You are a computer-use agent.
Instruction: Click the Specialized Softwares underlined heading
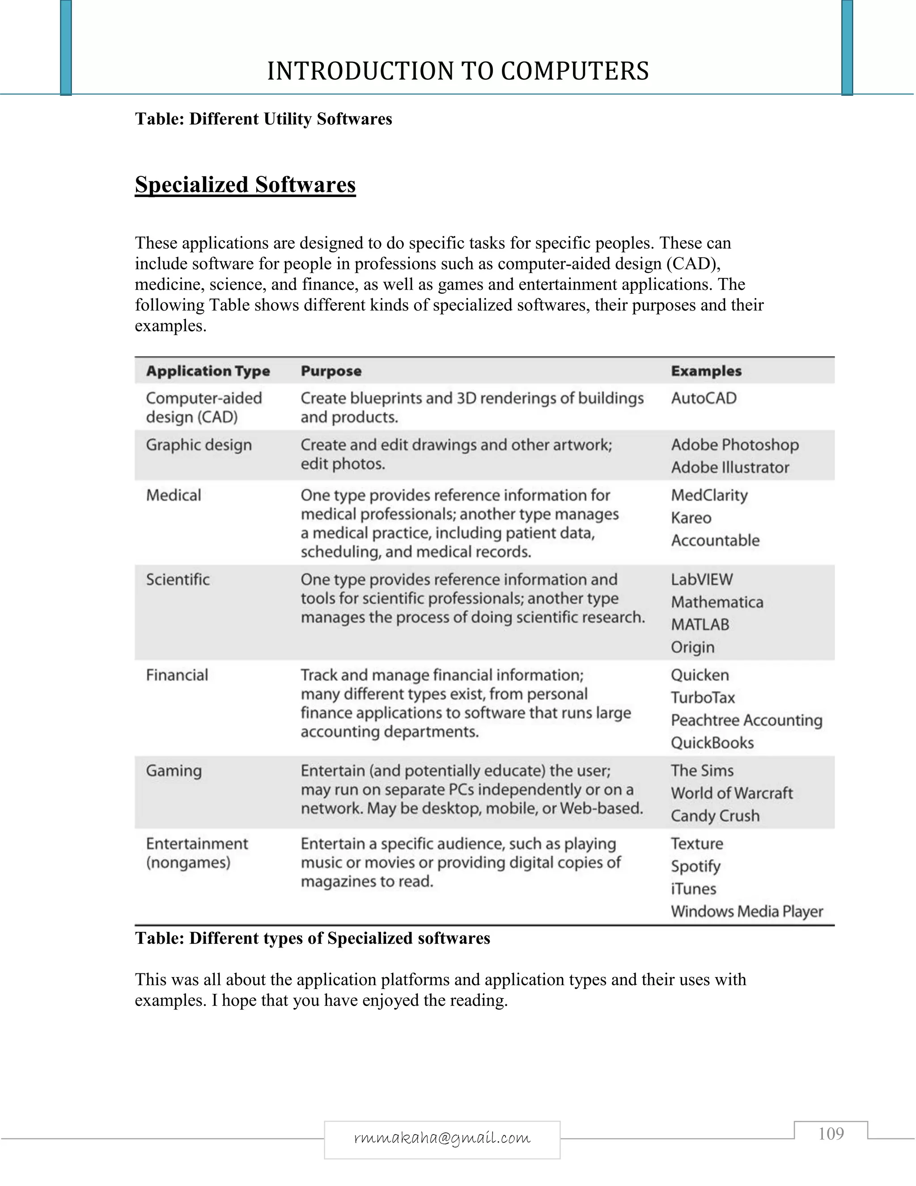(245, 185)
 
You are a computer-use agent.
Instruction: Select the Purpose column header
(331, 371)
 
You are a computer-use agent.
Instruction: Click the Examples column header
(706, 371)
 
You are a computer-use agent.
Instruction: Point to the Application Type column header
(208, 371)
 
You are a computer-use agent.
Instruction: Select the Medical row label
(174, 495)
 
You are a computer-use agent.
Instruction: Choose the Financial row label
(177, 675)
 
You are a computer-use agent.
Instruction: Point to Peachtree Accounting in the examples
(746, 720)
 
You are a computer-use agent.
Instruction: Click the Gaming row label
(174, 771)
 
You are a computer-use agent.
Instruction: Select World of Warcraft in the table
(731, 793)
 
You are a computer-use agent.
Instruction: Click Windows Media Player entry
(746, 911)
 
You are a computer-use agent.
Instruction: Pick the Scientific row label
(178, 580)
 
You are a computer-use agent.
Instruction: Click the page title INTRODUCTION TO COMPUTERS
(458, 71)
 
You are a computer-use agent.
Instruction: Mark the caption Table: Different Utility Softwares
(263, 119)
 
